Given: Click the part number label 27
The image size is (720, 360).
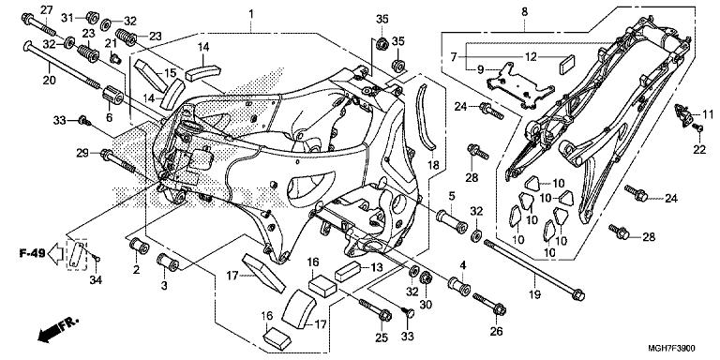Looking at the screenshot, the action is (47, 9).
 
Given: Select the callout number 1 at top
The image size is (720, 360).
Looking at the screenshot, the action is (250, 14).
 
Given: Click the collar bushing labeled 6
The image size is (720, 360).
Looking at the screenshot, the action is (112, 95).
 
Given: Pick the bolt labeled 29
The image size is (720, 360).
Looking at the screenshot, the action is (118, 161).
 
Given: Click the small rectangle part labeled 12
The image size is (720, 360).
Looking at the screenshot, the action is (567, 64).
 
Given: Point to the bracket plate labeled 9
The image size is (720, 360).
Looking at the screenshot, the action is (517, 85).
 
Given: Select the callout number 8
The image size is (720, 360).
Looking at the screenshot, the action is (524, 12).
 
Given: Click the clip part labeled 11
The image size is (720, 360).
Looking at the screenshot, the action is (683, 114).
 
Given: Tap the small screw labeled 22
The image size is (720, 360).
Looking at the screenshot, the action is (697, 127).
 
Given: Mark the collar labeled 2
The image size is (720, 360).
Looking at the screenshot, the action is (139, 247).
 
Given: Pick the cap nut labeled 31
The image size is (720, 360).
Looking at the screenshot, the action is (93, 17).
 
